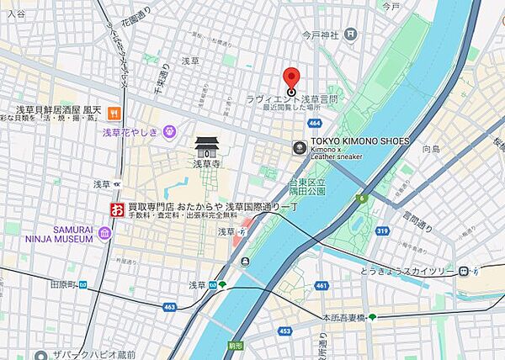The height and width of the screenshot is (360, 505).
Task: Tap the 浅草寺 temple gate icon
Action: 206,148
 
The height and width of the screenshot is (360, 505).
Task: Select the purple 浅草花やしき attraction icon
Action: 170,131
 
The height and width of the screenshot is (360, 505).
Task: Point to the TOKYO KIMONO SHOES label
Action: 360,141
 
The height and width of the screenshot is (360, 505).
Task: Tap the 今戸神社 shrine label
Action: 320,34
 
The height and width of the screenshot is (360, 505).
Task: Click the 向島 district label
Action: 431,149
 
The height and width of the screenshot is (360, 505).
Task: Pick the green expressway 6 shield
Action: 361,198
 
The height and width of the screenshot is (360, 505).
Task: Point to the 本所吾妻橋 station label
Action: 344,318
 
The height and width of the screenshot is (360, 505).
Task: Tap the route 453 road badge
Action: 284,331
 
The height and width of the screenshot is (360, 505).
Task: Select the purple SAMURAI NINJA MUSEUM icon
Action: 104,233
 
